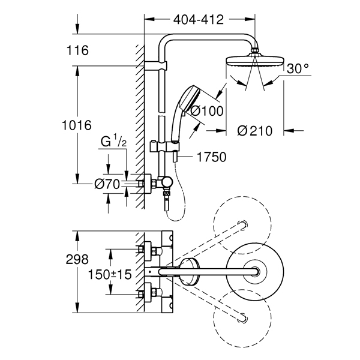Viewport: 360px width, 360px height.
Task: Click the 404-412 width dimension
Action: coord(199,20)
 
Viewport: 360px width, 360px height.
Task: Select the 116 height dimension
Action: coord(77,50)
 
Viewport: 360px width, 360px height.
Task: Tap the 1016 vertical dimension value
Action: coord(77,125)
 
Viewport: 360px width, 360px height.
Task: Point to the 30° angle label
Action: coord(298,68)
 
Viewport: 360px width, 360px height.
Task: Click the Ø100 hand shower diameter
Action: coord(207,111)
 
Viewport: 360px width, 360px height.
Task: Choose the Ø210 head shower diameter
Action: coord(255,131)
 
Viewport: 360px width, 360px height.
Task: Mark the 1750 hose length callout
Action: coord(212,157)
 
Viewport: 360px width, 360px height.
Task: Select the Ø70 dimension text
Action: coord(107,184)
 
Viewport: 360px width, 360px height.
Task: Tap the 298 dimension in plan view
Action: coord(77,259)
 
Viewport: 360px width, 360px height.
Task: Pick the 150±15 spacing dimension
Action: coord(110,274)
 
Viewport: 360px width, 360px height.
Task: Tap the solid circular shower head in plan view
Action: coord(255,272)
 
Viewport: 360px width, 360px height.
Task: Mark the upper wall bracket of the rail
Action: coord(156,65)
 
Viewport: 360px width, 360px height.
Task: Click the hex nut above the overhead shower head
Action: coord(255,50)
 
